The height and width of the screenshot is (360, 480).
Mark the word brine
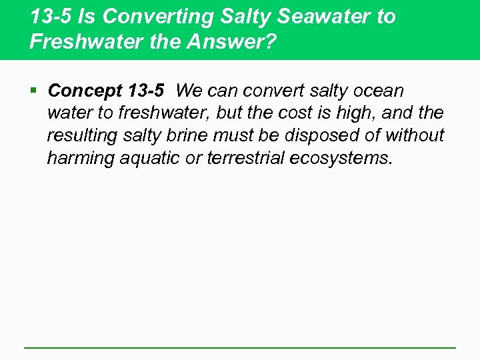coord(189,135)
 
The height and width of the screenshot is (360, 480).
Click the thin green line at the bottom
coord(240,347)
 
